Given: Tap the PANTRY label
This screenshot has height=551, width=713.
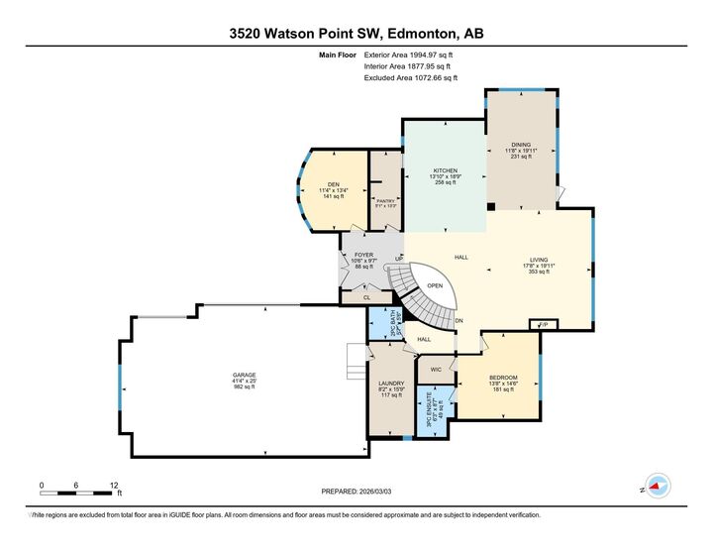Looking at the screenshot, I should pos(386,199).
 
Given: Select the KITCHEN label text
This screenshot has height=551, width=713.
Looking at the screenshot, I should pos(444,170).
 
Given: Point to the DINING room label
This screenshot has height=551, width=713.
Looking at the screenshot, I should pos(521,144).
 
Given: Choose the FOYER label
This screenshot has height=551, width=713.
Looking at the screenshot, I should pos(363,255).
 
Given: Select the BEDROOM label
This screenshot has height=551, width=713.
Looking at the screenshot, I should pos(504,378).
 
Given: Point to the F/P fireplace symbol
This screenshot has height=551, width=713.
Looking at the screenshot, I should pos(543,324).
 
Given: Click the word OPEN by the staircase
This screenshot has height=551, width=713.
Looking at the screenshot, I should pos(435,285).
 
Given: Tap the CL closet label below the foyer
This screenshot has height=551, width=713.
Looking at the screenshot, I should pos(365,296).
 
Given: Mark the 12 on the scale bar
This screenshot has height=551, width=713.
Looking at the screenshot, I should pos(114,485).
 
